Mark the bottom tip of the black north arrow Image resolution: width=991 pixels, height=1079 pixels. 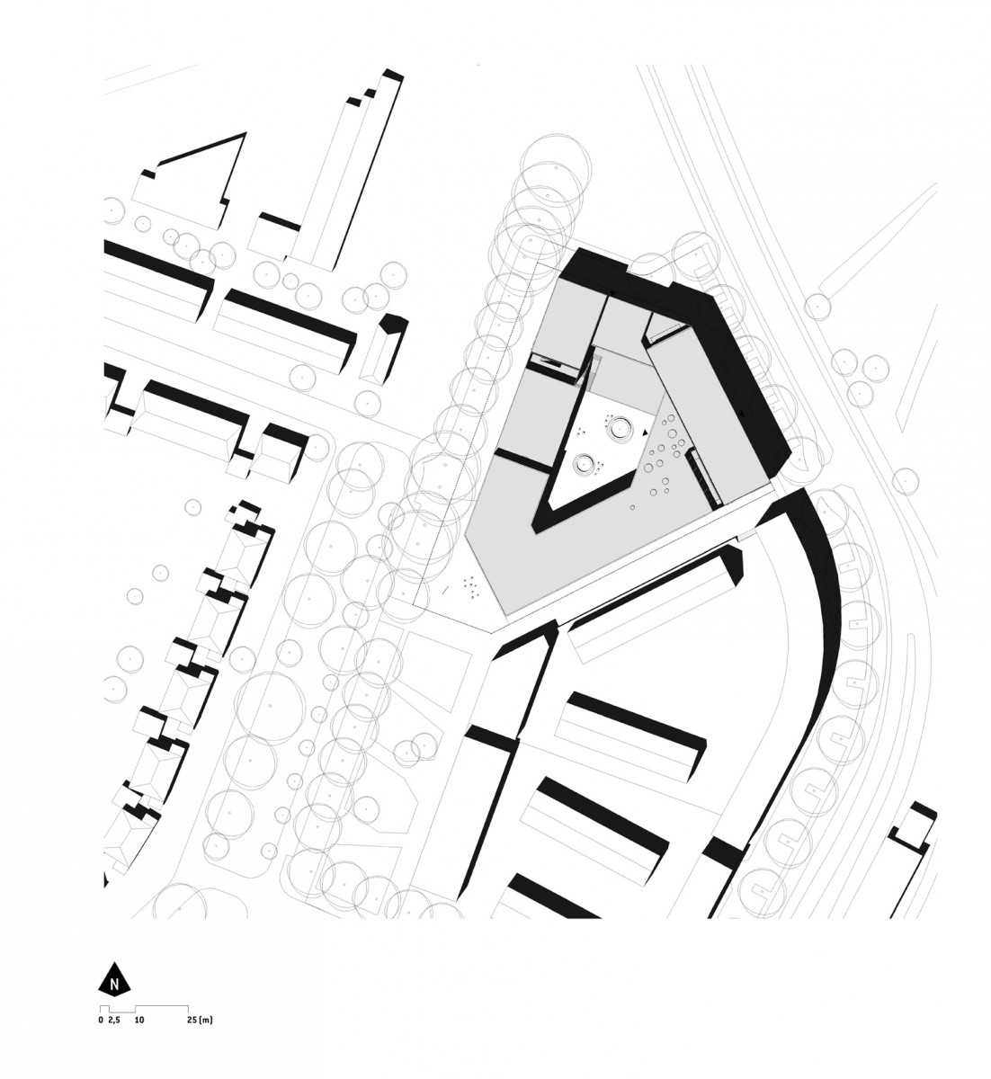[x=114, y=993]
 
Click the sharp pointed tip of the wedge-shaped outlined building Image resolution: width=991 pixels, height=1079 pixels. [x=246, y=132]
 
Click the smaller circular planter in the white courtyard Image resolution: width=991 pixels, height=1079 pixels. [x=585, y=463]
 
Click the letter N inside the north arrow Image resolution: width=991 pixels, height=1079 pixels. [x=114, y=982]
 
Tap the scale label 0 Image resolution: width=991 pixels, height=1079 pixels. [x=101, y=1020]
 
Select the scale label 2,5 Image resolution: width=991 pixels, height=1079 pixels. [x=113, y=1020]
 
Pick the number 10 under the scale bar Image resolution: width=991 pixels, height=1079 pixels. [x=138, y=1020]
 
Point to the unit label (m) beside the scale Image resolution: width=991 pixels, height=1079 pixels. [x=206, y=1020]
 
